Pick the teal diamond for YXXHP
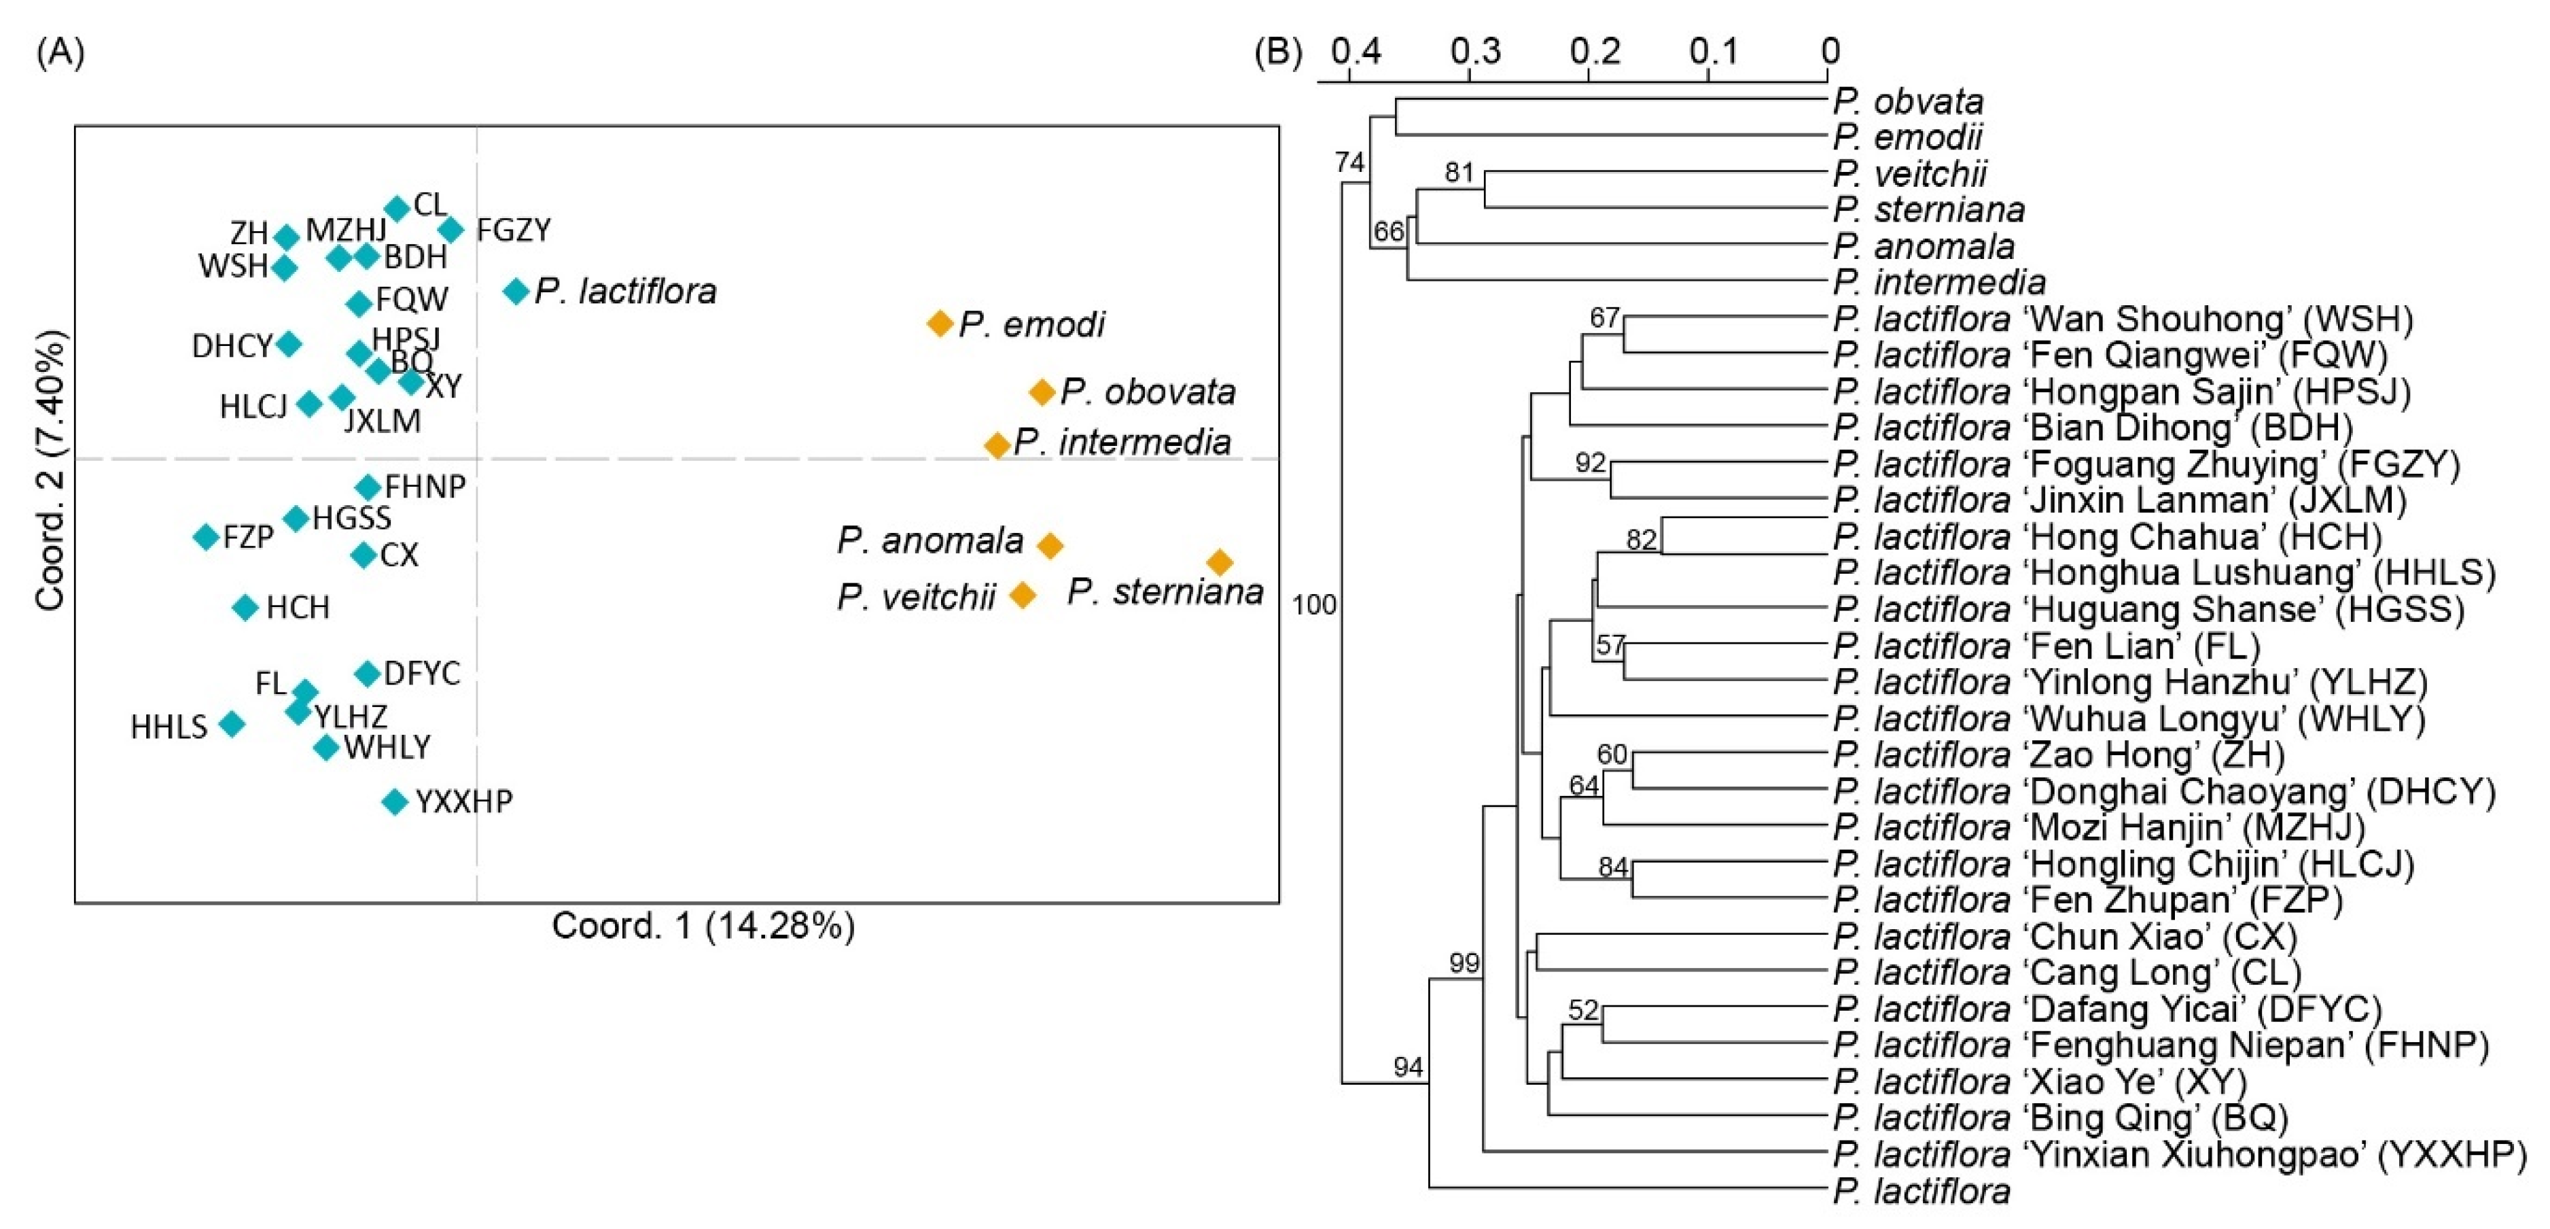tap(395, 801)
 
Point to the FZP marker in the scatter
tap(206, 537)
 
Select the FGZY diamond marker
tap(450, 230)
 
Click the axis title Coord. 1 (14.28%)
tap(703, 926)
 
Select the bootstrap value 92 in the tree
tap(1590, 462)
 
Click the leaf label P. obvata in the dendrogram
tap(1907, 101)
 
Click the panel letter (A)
tap(60, 52)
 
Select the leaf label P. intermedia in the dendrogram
tap(1939, 282)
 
